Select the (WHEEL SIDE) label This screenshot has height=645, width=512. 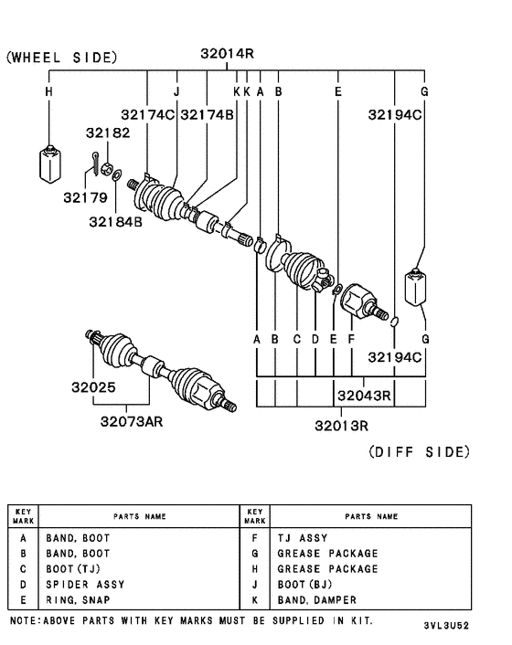[61, 58]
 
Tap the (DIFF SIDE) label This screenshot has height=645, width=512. [419, 452]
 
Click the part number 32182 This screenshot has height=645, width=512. [112, 132]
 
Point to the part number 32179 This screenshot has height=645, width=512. [84, 197]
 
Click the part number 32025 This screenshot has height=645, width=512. [93, 387]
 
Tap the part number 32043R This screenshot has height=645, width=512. [364, 396]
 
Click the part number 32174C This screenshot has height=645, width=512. [149, 114]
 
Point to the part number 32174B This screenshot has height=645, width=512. [208, 114]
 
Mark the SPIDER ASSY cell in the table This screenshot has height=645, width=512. [85, 584]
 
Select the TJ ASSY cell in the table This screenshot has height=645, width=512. [301, 539]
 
